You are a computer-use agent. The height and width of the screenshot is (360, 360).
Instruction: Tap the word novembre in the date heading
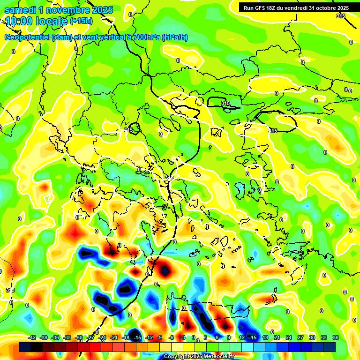pyautogui.click(x=67, y=9)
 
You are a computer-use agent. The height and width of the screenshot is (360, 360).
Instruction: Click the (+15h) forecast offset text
pyautogui.click(x=81, y=21)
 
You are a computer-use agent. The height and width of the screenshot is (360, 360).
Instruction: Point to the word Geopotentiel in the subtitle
pyautogui.click(x=27, y=37)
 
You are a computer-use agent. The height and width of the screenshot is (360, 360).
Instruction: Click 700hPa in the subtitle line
pyautogui.click(x=147, y=37)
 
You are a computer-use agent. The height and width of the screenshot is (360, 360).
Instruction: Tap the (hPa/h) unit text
pyautogui.click(x=174, y=37)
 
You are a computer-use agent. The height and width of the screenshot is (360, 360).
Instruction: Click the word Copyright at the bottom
pyautogui.click(x=177, y=357)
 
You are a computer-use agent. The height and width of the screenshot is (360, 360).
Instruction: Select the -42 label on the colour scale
pyautogui.click(x=32, y=337)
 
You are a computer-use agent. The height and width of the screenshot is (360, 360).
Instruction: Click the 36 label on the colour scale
pyautogui.click(x=335, y=337)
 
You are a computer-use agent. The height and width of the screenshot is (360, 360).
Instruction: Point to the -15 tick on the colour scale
pyautogui.click(x=137, y=337)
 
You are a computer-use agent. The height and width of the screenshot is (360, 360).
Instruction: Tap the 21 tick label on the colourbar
pyautogui.click(x=277, y=337)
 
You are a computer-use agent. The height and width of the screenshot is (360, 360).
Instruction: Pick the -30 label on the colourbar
pyautogui.click(x=79, y=337)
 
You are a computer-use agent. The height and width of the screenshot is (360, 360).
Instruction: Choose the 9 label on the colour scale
pyautogui.click(x=229, y=337)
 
